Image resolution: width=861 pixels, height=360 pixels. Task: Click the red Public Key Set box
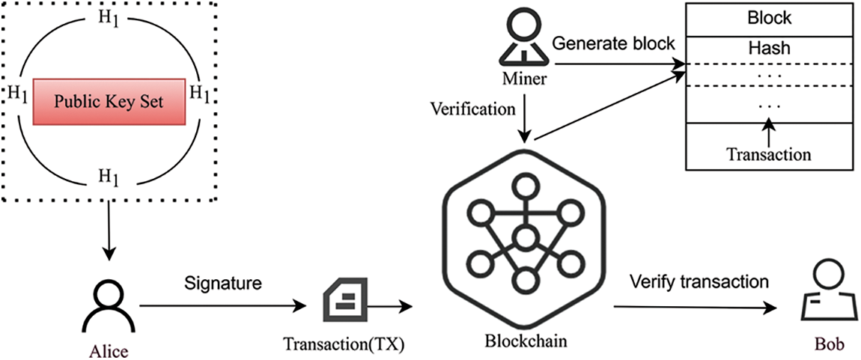pos(109,100)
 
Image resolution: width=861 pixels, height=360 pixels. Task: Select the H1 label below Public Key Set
pos(109,177)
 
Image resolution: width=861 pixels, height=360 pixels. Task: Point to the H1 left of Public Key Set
pos(18,94)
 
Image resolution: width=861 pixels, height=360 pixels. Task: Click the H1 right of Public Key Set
pos(199,94)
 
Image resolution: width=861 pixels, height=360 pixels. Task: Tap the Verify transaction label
pos(699,282)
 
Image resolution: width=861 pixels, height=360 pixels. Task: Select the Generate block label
pos(613,43)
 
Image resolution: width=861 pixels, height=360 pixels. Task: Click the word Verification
pos(472,109)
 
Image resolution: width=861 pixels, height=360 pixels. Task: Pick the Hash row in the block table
pos(770,49)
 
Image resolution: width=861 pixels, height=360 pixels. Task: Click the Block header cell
pos(770,18)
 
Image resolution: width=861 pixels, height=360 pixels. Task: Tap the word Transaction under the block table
pos(769,155)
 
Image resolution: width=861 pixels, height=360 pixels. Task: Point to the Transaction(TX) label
pos(344,345)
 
